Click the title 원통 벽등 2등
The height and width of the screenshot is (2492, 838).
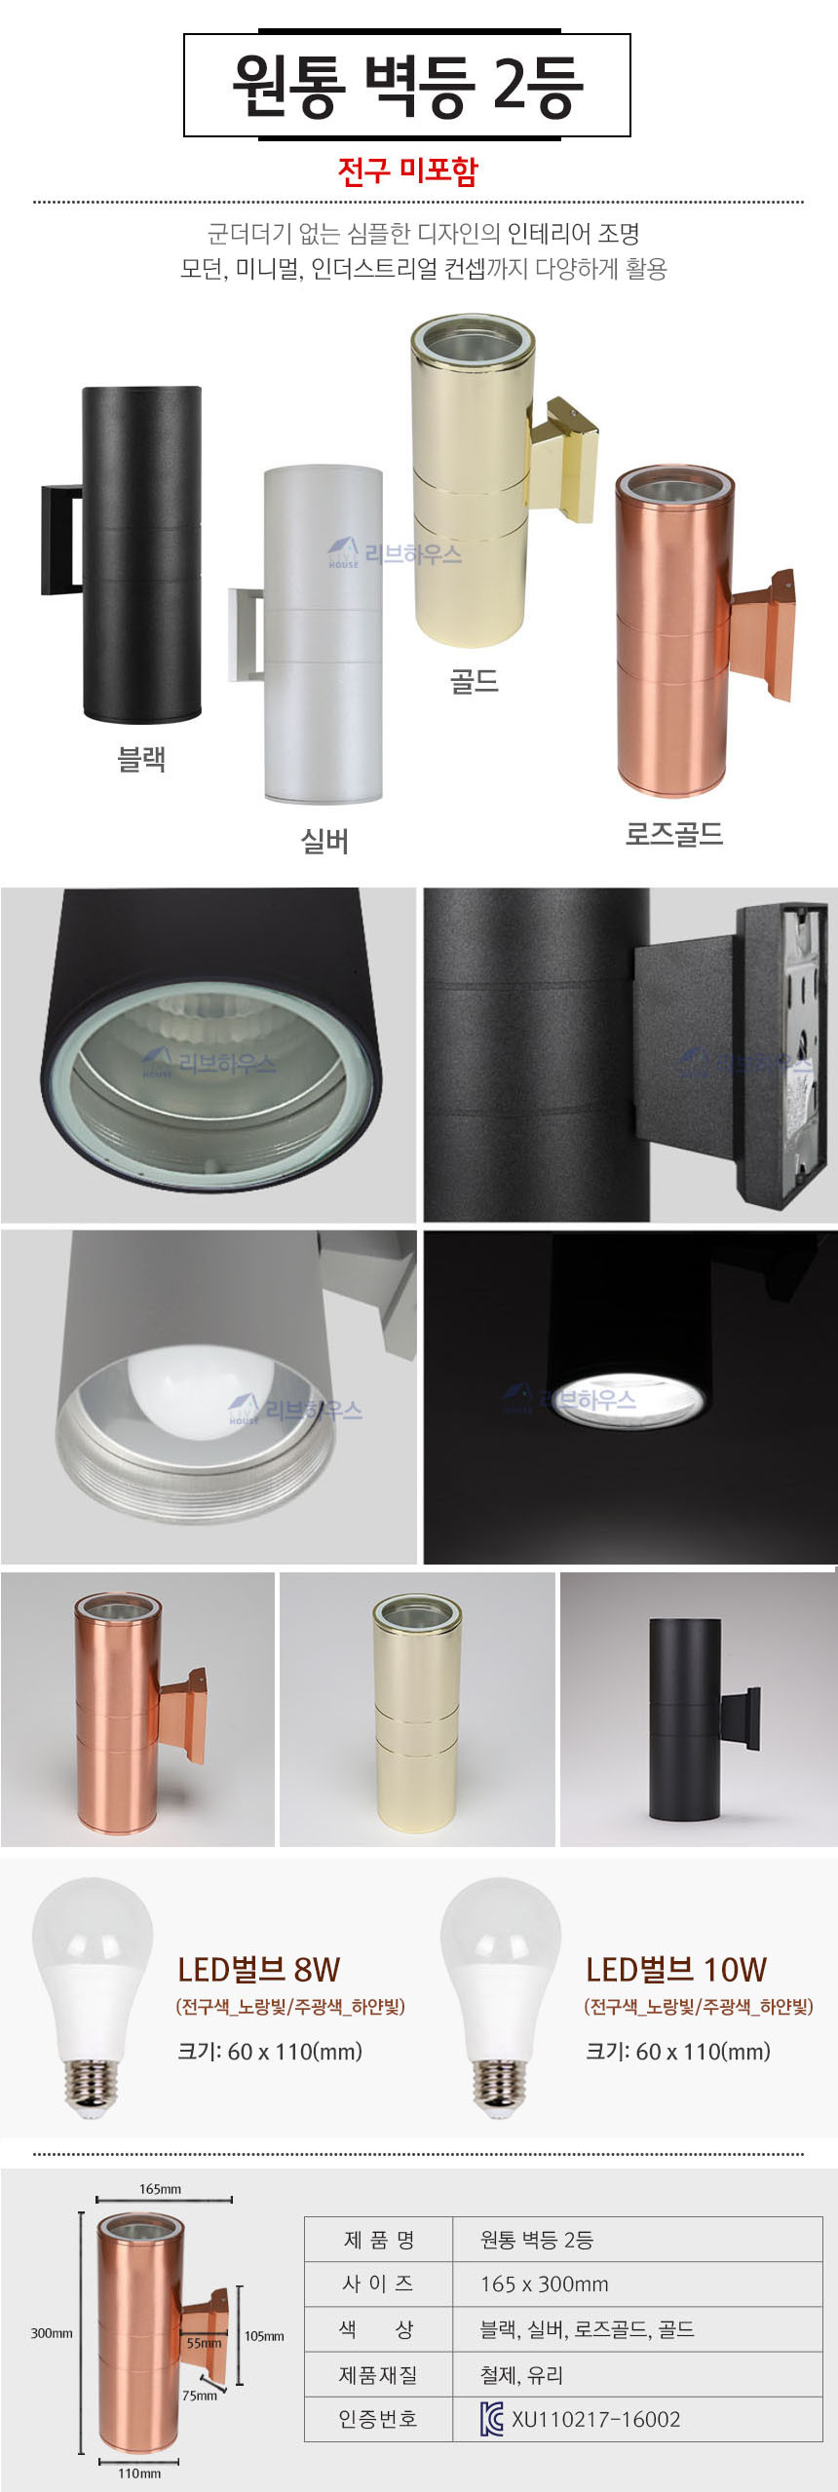[407, 86]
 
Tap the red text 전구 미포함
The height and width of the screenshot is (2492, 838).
[407, 170]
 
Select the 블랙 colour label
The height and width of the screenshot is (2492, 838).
[141, 759]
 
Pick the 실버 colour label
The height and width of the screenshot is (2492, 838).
[324, 841]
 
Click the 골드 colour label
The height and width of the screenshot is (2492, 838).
[475, 680]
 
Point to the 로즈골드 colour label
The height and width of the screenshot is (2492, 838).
[674, 834]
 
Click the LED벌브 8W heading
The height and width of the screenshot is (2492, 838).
[258, 1970]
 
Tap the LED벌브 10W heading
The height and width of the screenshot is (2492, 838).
[676, 1970]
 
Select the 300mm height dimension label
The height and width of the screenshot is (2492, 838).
[52, 2333]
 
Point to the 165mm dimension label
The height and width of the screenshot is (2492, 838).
[160, 2189]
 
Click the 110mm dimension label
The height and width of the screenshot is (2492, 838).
[139, 2473]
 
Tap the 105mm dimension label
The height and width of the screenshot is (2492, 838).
[264, 2336]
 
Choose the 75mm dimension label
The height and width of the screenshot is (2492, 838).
[200, 2396]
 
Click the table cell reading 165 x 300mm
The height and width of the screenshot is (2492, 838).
[544, 2284]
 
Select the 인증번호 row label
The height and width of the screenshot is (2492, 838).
[378, 2419]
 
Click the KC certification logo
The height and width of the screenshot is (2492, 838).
[492, 2419]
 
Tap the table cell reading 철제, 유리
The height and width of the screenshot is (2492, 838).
[521, 2375]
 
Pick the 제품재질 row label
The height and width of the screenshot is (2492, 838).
[378, 2375]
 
